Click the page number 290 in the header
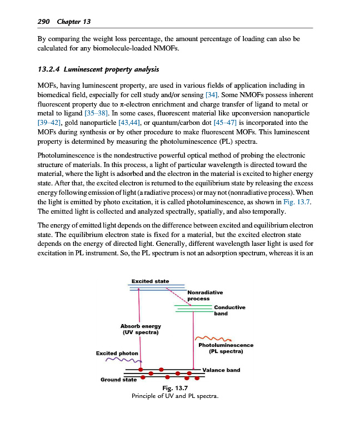[43, 21]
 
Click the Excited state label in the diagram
[150, 281]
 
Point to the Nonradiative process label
[205, 295]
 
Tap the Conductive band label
[229, 310]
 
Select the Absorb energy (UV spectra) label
[141, 330]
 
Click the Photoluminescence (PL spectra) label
[226, 348]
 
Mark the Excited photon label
[117, 353]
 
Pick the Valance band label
[221, 370]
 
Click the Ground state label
[118, 380]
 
